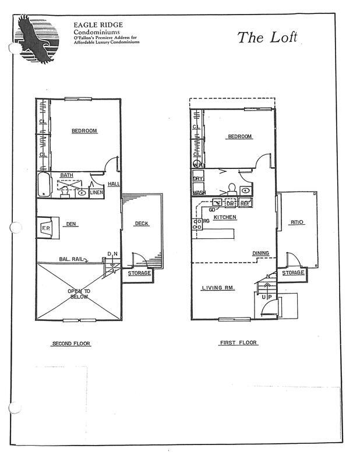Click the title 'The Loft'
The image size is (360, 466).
pyautogui.click(x=267, y=37)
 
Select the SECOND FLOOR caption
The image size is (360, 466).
pyautogui.click(x=72, y=344)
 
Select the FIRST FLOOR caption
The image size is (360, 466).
pyautogui.click(x=239, y=343)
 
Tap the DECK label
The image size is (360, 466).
pyautogui.click(x=141, y=224)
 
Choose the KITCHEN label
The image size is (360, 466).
pyautogui.click(x=224, y=217)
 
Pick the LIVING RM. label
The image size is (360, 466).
pyautogui.click(x=217, y=288)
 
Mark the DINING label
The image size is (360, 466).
pyautogui.click(x=260, y=253)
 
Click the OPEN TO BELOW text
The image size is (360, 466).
pyautogui.click(x=79, y=294)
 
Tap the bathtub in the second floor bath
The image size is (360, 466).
pyautogui.click(x=44, y=185)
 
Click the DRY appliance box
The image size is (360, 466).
pyautogui.click(x=198, y=179)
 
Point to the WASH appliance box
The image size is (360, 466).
pyautogui.click(x=199, y=192)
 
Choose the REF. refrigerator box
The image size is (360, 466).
pyautogui.click(x=245, y=204)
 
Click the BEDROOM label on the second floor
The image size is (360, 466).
pyautogui.click(x=84, y=131)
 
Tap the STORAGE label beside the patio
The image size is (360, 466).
pyautogui.click(x=293, y=273)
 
